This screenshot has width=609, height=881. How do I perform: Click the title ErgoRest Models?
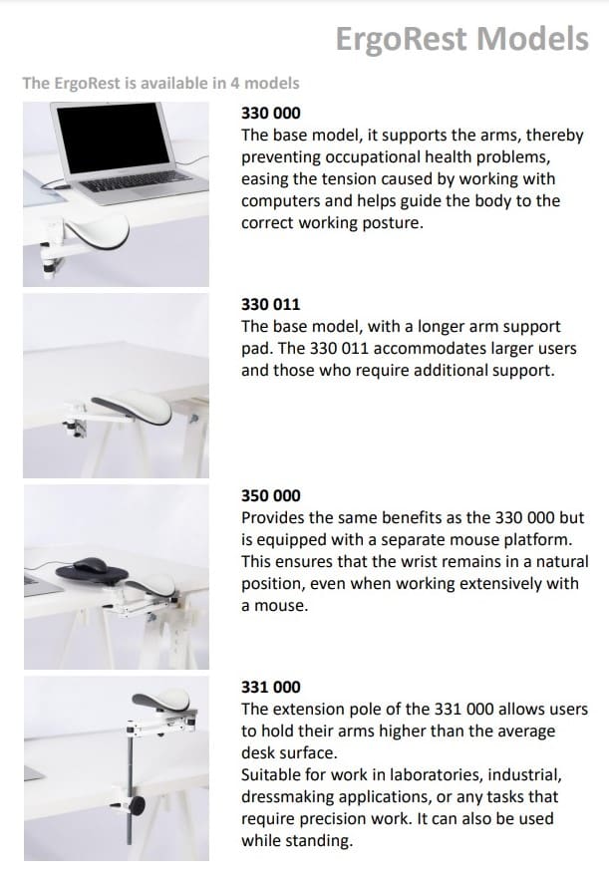[461, 39]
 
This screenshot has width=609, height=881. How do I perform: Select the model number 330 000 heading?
[271, 113]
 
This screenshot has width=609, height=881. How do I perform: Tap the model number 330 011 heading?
[271, 304]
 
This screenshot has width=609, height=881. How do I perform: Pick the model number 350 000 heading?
[271, 495]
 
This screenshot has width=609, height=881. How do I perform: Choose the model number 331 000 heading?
[271, 687]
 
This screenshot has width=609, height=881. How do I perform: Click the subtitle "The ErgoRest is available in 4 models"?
[160, 83]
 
